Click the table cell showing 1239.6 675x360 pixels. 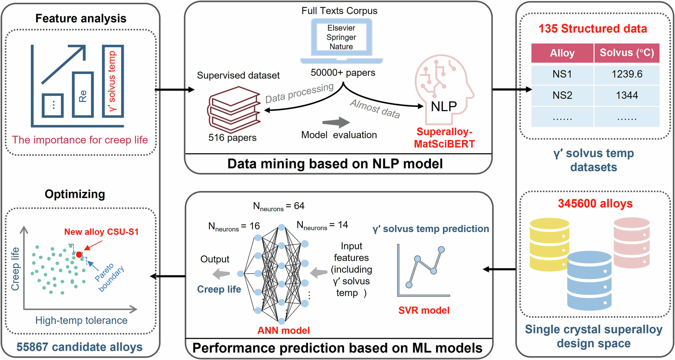pyautogui.click(x=627, y=74)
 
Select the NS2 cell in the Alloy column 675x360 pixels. pyautogui.click(x=562, y=95)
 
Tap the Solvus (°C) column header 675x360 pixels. pyautogui.click(x=627, y=53)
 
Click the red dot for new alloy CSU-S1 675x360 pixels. pyautogui.click(x=79, y=255)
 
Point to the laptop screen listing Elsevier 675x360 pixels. pyautogui.click(x=341, y=37)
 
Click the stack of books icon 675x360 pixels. pyautogui.click(x=234, y=109)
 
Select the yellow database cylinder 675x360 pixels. pyautogui.click(x=549, y=244)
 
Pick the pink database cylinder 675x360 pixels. pyautogui.click(x=631, y=243)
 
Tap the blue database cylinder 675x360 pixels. pyautogui.click(x=589, y=281)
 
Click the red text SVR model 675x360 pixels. pyautogui.click(x=424, y=310)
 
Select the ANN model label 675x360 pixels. pyautogui.click(x=283, y=331)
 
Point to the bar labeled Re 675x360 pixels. pyautogui.click(x=83, y=95)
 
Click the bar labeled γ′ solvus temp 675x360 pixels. pyautogui.click(x=113, y=81)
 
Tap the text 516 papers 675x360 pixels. pyautogui.click(x=232, y=138)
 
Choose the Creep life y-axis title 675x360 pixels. pyautogui.click(x=15, y=269)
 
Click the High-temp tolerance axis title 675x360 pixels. pyautogui.click(x=81, y=321)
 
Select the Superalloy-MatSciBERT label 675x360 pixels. pyautogui.click(x=444, y=138)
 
